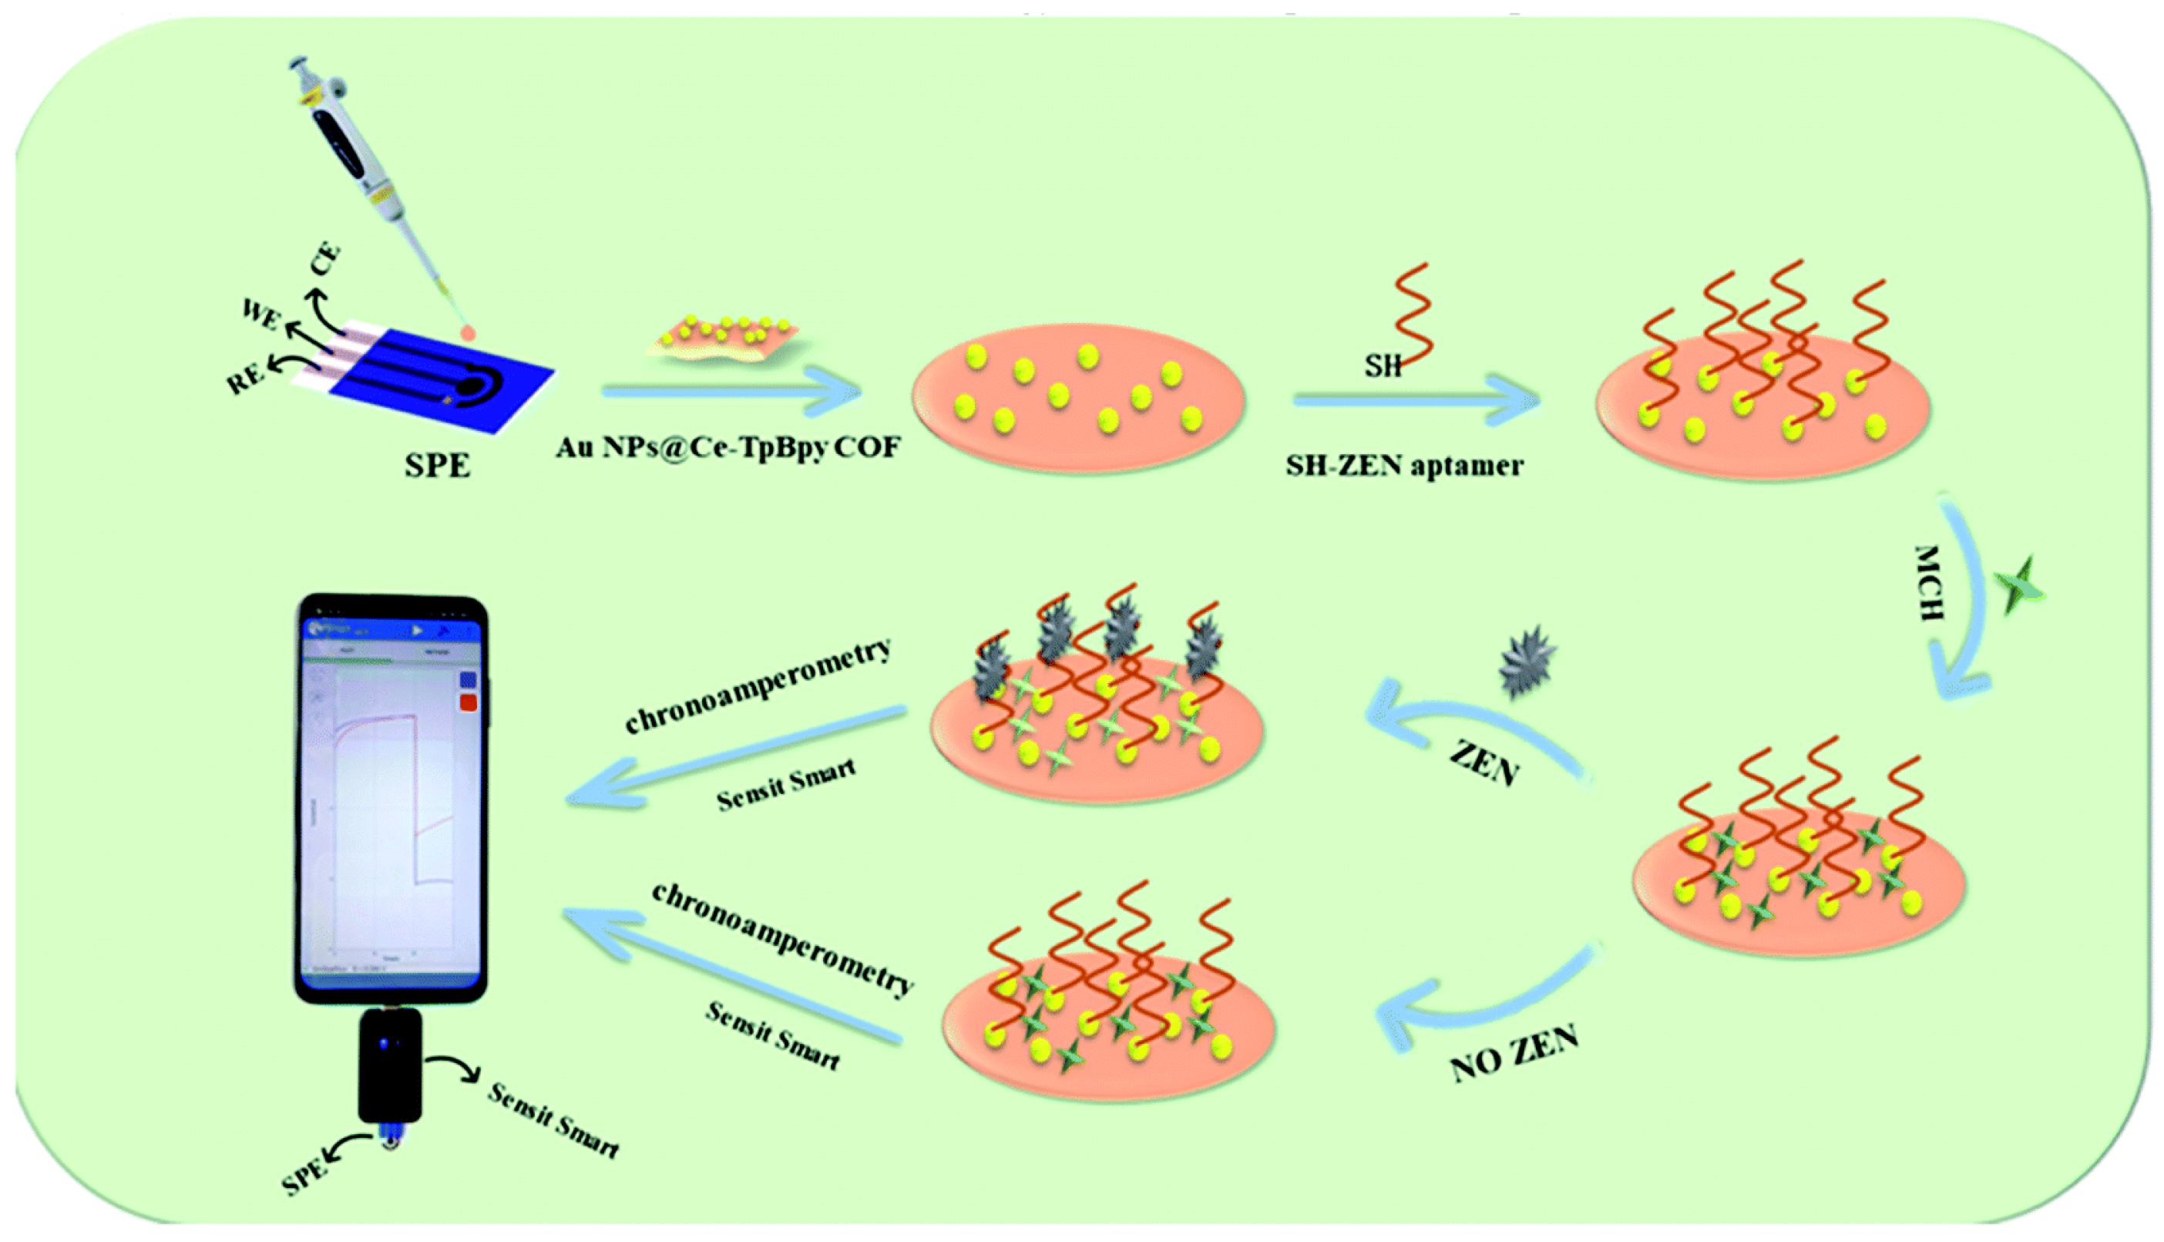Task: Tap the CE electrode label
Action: click(x=325, y=260)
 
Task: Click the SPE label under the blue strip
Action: click(x=436, y=466)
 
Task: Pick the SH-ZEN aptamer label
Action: click(x=1404, y=466)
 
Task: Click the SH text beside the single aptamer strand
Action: click(x=1382, y=366)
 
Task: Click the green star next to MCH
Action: click(x=2019, y=585)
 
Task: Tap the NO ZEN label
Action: click(x=1514, y=1055)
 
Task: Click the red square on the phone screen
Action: click(x=467, y=702)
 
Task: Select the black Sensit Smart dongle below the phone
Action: click(x=390, y=1065)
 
